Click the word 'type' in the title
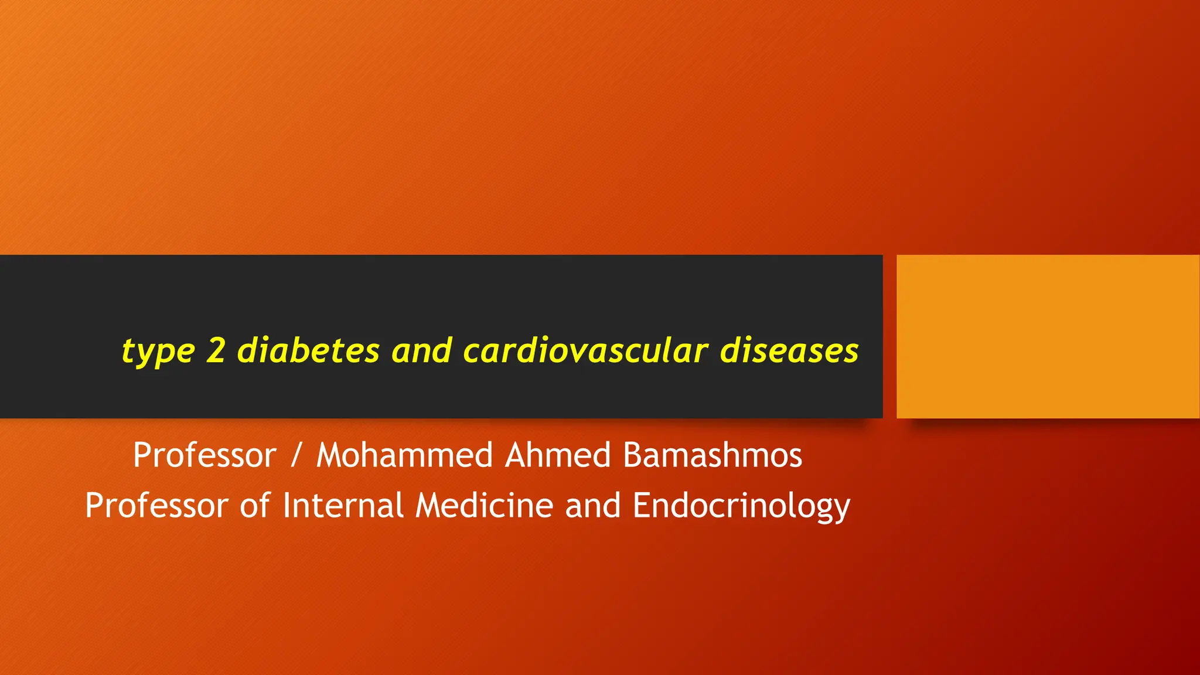pyautogui.click(x=158, y=352)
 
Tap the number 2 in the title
pyautogui.click(x=216, y=350)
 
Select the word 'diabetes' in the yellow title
pyautogui.click(x=308, y=350)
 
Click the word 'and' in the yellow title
pyautogui.click(x=421, y=350)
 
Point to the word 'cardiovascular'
pyautogui.click(x=585, y=350)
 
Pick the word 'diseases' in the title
pyautogui.click(x=789, y=350)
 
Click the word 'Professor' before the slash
pyautogui.click(x=204, y=455)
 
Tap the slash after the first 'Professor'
pyautogui.click(x=296, y=455)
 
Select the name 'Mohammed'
pyautogui.click(x=404, y=455)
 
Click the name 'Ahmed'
pyautogui.click(x=558, y=455)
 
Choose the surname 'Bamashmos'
pyautogui.click(x=712, y=455)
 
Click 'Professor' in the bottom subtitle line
pyautogui.click(x=156, y=506)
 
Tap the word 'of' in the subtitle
pyautogui.click(x=255, y=506)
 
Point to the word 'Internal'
pyautogui.click(x=343, y=506)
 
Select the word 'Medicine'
pyautogui.click(x=484, y=506)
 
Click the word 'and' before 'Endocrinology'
pyautogui.click(x=592, y=506)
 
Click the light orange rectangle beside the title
pyautogui.click(x=1048, y=336)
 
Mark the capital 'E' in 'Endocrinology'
pyautogui.click(x=642, y=506)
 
